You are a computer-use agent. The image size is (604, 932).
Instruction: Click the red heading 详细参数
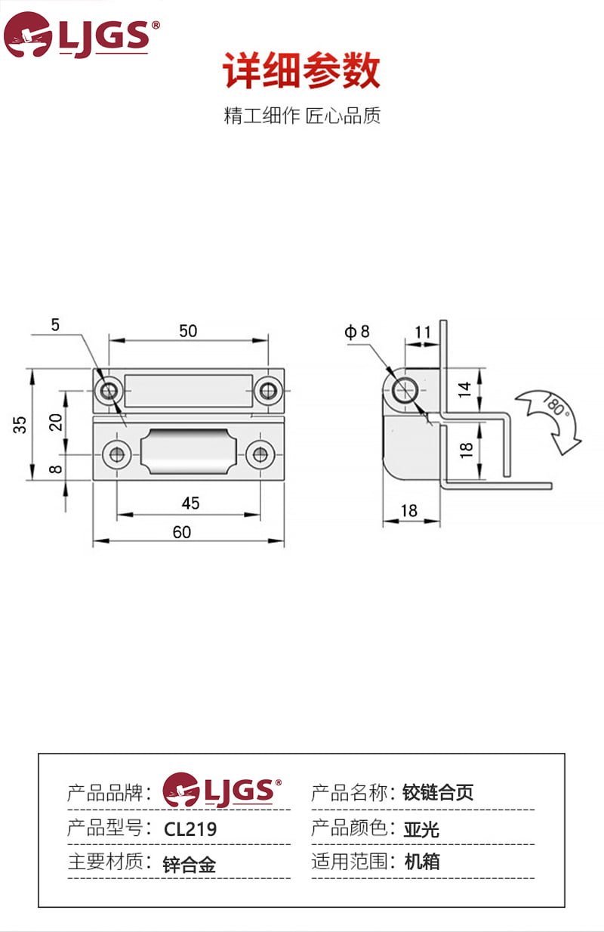coord(301,72)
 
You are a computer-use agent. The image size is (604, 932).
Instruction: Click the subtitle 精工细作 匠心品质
coord(302,116)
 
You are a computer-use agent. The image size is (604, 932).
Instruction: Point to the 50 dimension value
coord(188,330)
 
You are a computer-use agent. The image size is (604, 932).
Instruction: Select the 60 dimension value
coord(182,532)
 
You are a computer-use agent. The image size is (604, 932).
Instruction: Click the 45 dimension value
coord(190,503)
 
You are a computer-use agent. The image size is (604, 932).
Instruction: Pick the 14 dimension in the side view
coord(466,390)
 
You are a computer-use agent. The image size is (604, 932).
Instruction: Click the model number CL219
coord(190,829)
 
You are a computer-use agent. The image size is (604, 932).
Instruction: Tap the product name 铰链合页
coord(439,793)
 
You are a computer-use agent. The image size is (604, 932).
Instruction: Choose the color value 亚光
coord(421,829)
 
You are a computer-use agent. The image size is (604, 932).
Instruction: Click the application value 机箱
coord(422,862)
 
